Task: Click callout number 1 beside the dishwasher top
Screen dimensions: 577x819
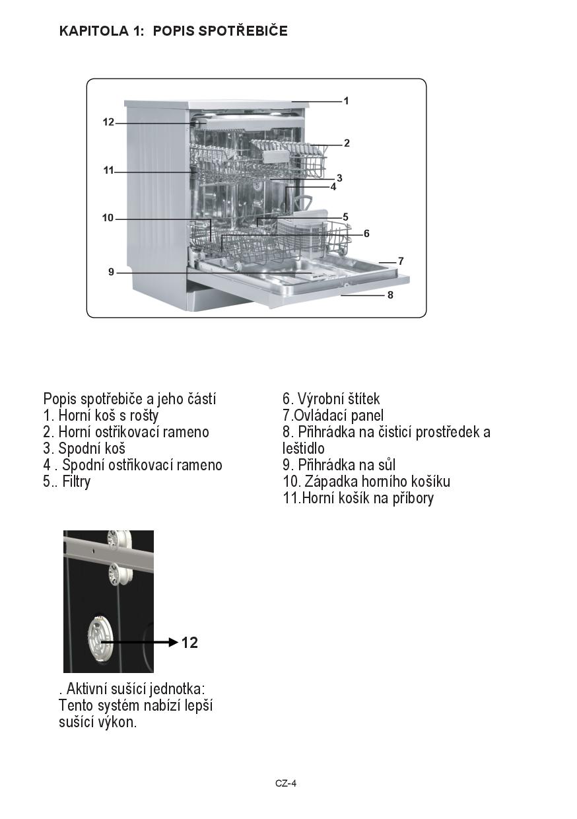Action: click(347, 101)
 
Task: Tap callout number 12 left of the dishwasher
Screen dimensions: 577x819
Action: click(108, 122)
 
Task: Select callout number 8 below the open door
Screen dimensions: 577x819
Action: click(390, 295)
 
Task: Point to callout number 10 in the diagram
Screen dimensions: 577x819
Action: click(108, 218)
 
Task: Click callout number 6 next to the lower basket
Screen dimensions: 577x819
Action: click(366, 233)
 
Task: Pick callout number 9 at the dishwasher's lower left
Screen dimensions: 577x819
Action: click(112, 272)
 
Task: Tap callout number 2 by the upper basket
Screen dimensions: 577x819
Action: click(347, 143)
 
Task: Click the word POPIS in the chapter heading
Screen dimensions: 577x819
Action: click(174, 30)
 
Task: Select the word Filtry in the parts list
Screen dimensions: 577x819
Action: click(77, 481)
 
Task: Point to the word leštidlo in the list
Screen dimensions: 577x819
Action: click(303, 448)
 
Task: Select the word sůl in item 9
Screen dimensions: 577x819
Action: click(384, 465)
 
